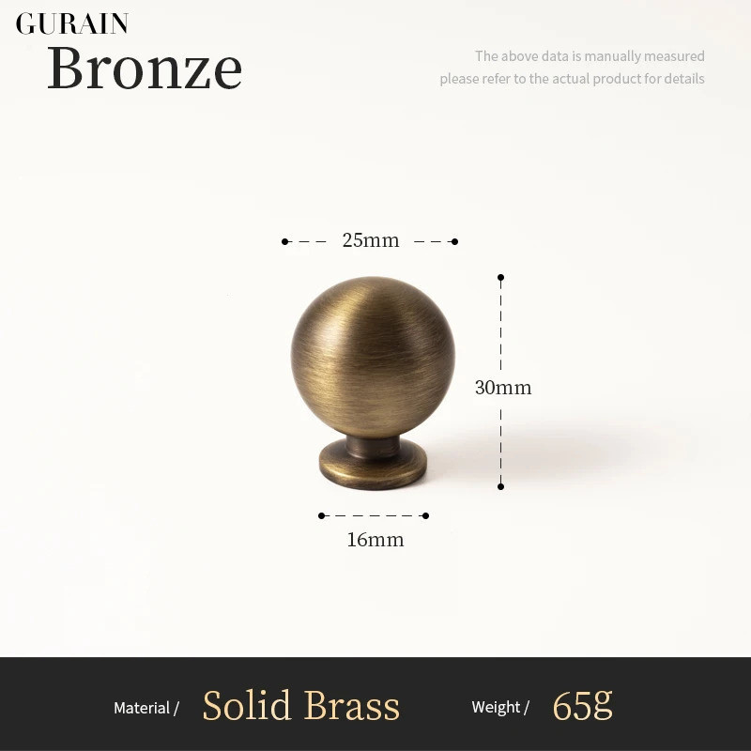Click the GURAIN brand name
coord(72,24)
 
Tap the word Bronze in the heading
coord(145,68)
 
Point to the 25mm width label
coord(371,240)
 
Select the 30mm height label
coord(503,388)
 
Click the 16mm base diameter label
coord(375,540)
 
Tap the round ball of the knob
coord(373,357)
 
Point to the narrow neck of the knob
coord(373,446)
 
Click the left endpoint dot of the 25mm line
coord(285,241)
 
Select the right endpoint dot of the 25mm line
coord(455,241)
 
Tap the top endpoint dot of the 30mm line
coord(501,277)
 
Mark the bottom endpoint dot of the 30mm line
coord(501,486)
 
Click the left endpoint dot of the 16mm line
coord(321,515)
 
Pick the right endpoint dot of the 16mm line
coord(426,515)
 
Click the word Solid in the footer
coord(247,705)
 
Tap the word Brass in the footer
coord(352,705)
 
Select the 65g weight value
coord(582,706)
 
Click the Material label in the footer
coord(142,708)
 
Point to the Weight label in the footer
coord(496,707)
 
